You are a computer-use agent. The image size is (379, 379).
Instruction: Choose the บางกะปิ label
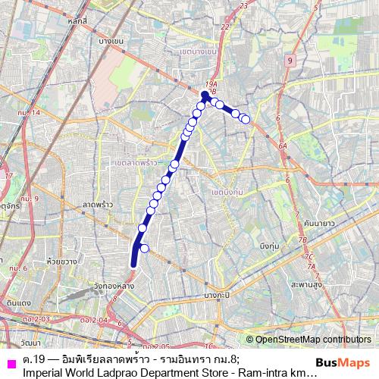(x=217, y=293)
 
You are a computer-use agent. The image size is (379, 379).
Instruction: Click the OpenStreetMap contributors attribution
(x=312, y=340)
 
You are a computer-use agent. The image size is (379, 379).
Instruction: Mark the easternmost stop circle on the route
(x=246, y=119)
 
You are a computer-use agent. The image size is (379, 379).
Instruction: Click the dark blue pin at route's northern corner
(x=205, y=96)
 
